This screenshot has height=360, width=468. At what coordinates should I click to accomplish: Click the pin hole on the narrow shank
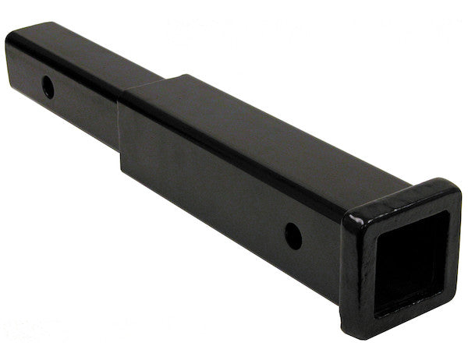[48, 86]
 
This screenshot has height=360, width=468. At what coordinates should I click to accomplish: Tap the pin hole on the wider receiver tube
[293, 233]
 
